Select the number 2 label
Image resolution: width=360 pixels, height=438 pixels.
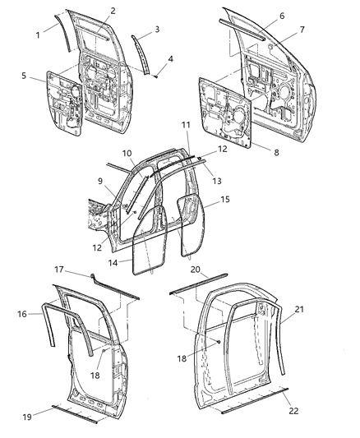click(x=113, y=11)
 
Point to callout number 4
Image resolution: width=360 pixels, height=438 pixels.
click(x=170, y=59)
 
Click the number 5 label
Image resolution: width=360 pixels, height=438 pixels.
click(x=29, y=78)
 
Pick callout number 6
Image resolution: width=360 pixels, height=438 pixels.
click(x=281, y=16)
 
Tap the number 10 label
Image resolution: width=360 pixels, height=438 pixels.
click(x=127, y=154)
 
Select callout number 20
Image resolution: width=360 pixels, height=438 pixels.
click(x=196, y=268)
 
